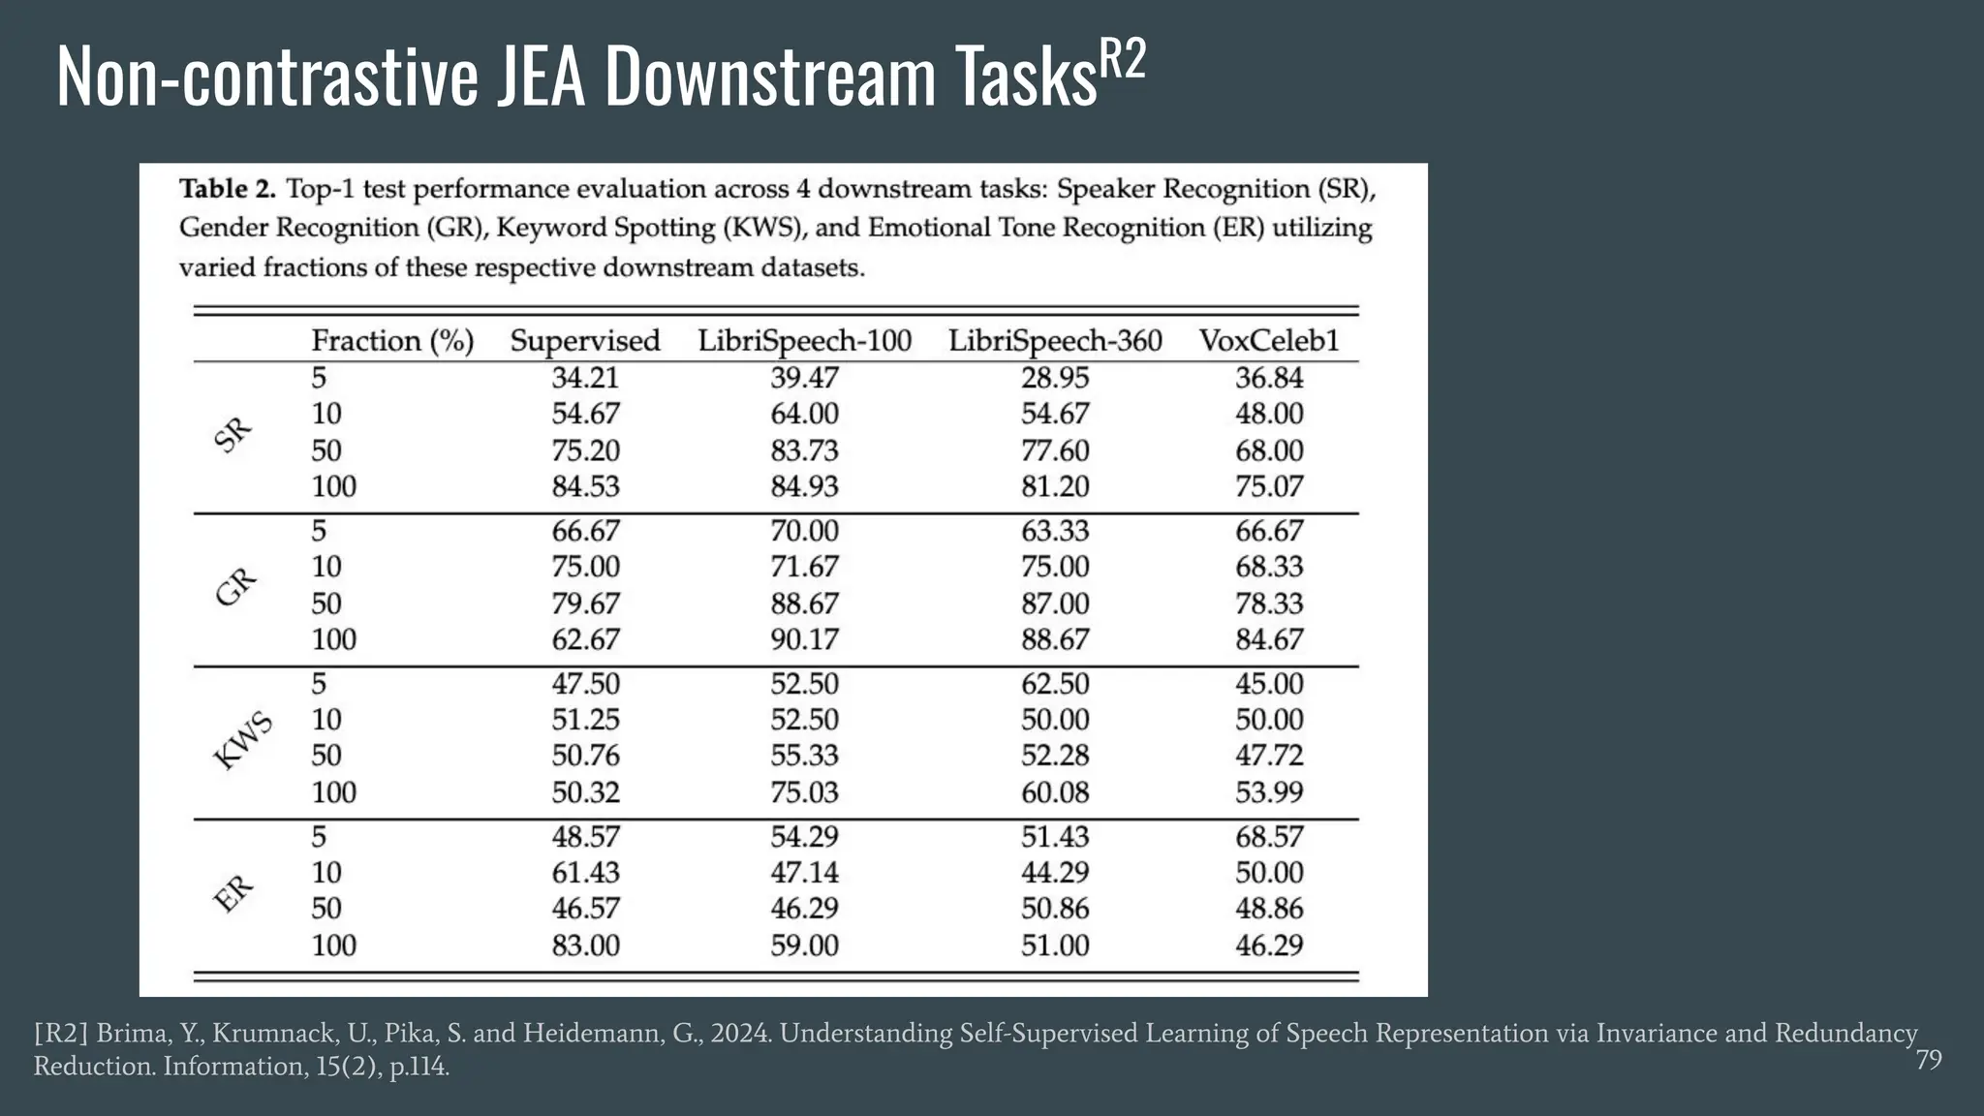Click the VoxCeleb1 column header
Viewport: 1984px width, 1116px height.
pyautogui.click(x=1268, y=341)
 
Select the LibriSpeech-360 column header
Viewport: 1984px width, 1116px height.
pyautogui.click(x=1054, y=341)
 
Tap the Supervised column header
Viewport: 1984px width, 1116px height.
pyautogui.click(x=584, y=341)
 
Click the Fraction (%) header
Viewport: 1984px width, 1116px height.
pyautogui.click(x=392, y=341)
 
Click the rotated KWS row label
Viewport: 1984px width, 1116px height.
pyautogui.click(x=242, y=741)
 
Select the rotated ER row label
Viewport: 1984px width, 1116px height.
pyautogui.click(x=232, y=893)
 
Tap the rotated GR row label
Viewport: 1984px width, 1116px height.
pyautogui.click(x=235, y=586)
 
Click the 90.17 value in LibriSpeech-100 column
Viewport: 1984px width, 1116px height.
pyautogui.click(x=804, y=639)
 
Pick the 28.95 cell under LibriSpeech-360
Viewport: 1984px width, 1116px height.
pyautogui.click(x=1054, y=378)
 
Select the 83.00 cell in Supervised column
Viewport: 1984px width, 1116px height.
pyautogui.click(x=585, y=945)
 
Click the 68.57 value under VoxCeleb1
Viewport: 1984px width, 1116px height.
pyautogui.click(x=1268, y=836)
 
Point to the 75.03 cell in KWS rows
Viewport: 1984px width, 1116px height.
pyautogui.click(x=804, y=791)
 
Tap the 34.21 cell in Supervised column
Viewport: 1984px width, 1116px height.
pyautogui.click(x=585, y=378)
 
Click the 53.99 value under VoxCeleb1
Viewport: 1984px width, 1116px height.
pyautogui.click(x=1268, y=791)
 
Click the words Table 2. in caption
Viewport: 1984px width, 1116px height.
pyautogui.click(x=228, y=189)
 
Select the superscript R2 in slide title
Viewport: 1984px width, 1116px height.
pyautogui.click(x=1122, y=60)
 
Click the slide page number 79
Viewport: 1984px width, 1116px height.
pyautogui.click(x=1928, y=1060)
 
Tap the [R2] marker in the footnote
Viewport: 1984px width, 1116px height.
pyautogui.click(x=60, y=1034)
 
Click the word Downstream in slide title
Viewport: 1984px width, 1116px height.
pyautogui.click(x=770, y=77)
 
